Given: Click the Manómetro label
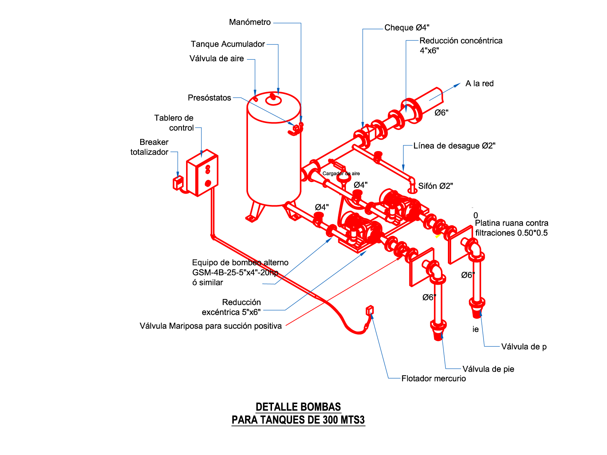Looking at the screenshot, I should (250, 22).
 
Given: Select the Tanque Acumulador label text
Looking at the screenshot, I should (228, 44).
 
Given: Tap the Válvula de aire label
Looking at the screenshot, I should (216, 59).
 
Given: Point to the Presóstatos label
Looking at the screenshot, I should (209, 98).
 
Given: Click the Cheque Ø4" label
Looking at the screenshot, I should (407, 28).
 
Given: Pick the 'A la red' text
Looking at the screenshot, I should (480, 84).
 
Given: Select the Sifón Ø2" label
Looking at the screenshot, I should (435, 186).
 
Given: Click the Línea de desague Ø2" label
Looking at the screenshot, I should (454, 146).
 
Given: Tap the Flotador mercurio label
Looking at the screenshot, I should (433, 379).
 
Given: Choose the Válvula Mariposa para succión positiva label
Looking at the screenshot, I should (210, 326).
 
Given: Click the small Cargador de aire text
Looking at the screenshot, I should (341, 174).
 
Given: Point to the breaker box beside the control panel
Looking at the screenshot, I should (178, 183).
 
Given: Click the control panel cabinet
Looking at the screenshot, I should (202, 173).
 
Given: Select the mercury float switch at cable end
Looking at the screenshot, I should (370, 310).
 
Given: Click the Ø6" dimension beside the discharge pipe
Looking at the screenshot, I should (441, 113).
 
